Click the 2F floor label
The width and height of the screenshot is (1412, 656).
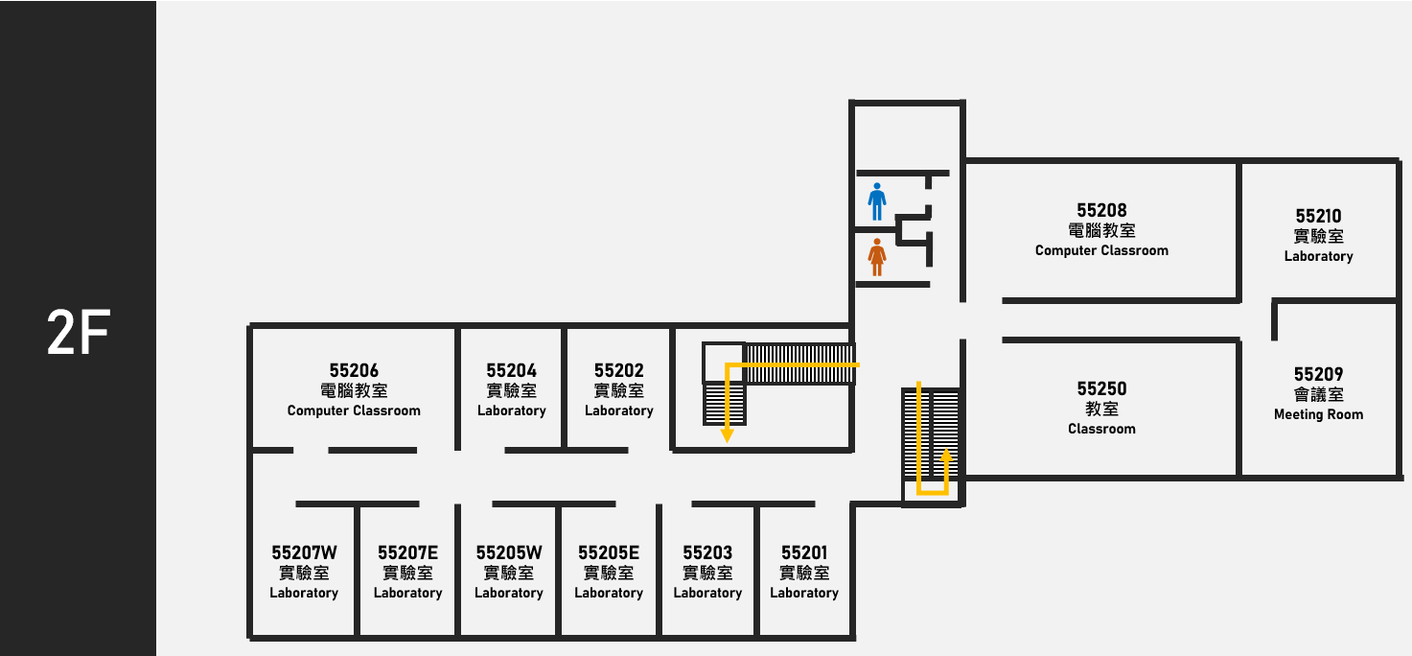pos(79,332)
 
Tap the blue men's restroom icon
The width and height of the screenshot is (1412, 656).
pos(877,201)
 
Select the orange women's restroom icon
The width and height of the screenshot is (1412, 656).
pos(877,257)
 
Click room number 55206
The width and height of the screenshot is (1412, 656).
pos(354,370)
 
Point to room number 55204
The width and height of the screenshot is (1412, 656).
pos(511,370)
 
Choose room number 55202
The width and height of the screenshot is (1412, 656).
pos(619,370)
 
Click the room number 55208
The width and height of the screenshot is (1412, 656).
pos(1101,210)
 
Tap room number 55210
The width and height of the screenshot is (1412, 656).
pos(1319,216)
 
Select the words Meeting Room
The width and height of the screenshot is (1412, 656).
pos(1319,414)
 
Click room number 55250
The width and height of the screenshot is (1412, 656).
pos(1101,388)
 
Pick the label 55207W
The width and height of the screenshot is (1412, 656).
pos(305,552)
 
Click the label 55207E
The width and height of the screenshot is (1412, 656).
pos(407,552)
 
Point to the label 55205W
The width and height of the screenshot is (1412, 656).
pos(509,552)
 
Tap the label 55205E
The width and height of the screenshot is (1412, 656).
pos(609,552)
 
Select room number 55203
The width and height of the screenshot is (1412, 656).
pos(707,552)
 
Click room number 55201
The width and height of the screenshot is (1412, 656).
pos(804,552)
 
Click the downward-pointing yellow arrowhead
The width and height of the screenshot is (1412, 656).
pos(727,435)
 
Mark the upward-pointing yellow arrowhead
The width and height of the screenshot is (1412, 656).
pos(946,455)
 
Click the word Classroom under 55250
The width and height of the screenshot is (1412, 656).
pos(1101,429)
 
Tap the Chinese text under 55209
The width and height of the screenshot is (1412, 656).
pos(1319,394)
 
